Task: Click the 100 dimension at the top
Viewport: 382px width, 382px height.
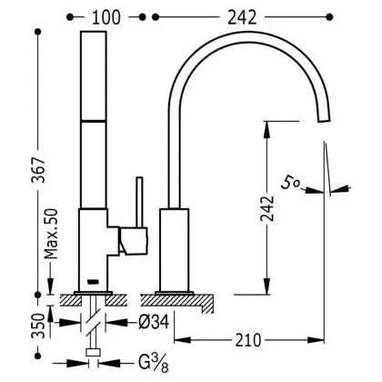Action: (x=106, y=17)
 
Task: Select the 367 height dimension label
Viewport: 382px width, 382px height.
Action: (x=39, y=170)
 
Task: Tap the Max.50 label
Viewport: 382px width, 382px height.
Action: (x=51, y=234)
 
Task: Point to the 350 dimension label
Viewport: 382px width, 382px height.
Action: (x=39, y=326)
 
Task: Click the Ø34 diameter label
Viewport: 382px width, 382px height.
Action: (x=154, y=323)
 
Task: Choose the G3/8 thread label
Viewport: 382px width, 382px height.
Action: (x=154, y=363)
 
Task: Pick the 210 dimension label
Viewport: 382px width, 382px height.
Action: (x=248, y=340)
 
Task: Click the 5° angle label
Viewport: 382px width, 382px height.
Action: (x=290, y=183)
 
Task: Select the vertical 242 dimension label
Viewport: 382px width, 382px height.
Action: (x=267, y=208)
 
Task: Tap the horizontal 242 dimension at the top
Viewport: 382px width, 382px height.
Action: (x=242, y=17)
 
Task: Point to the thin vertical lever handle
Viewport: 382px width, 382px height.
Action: (x=139, y=202)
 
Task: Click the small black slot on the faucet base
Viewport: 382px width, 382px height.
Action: (x=93, y=282)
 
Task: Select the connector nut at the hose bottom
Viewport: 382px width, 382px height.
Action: (x=93, y=353)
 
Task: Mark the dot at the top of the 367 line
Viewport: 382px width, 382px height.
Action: (x=38, y=32)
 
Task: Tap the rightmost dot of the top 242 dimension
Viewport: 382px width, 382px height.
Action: (x=330, y=17)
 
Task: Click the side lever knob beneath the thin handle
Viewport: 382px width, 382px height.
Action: (x=134, y=240)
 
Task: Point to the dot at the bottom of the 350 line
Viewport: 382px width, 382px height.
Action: (x=38, y=356)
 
